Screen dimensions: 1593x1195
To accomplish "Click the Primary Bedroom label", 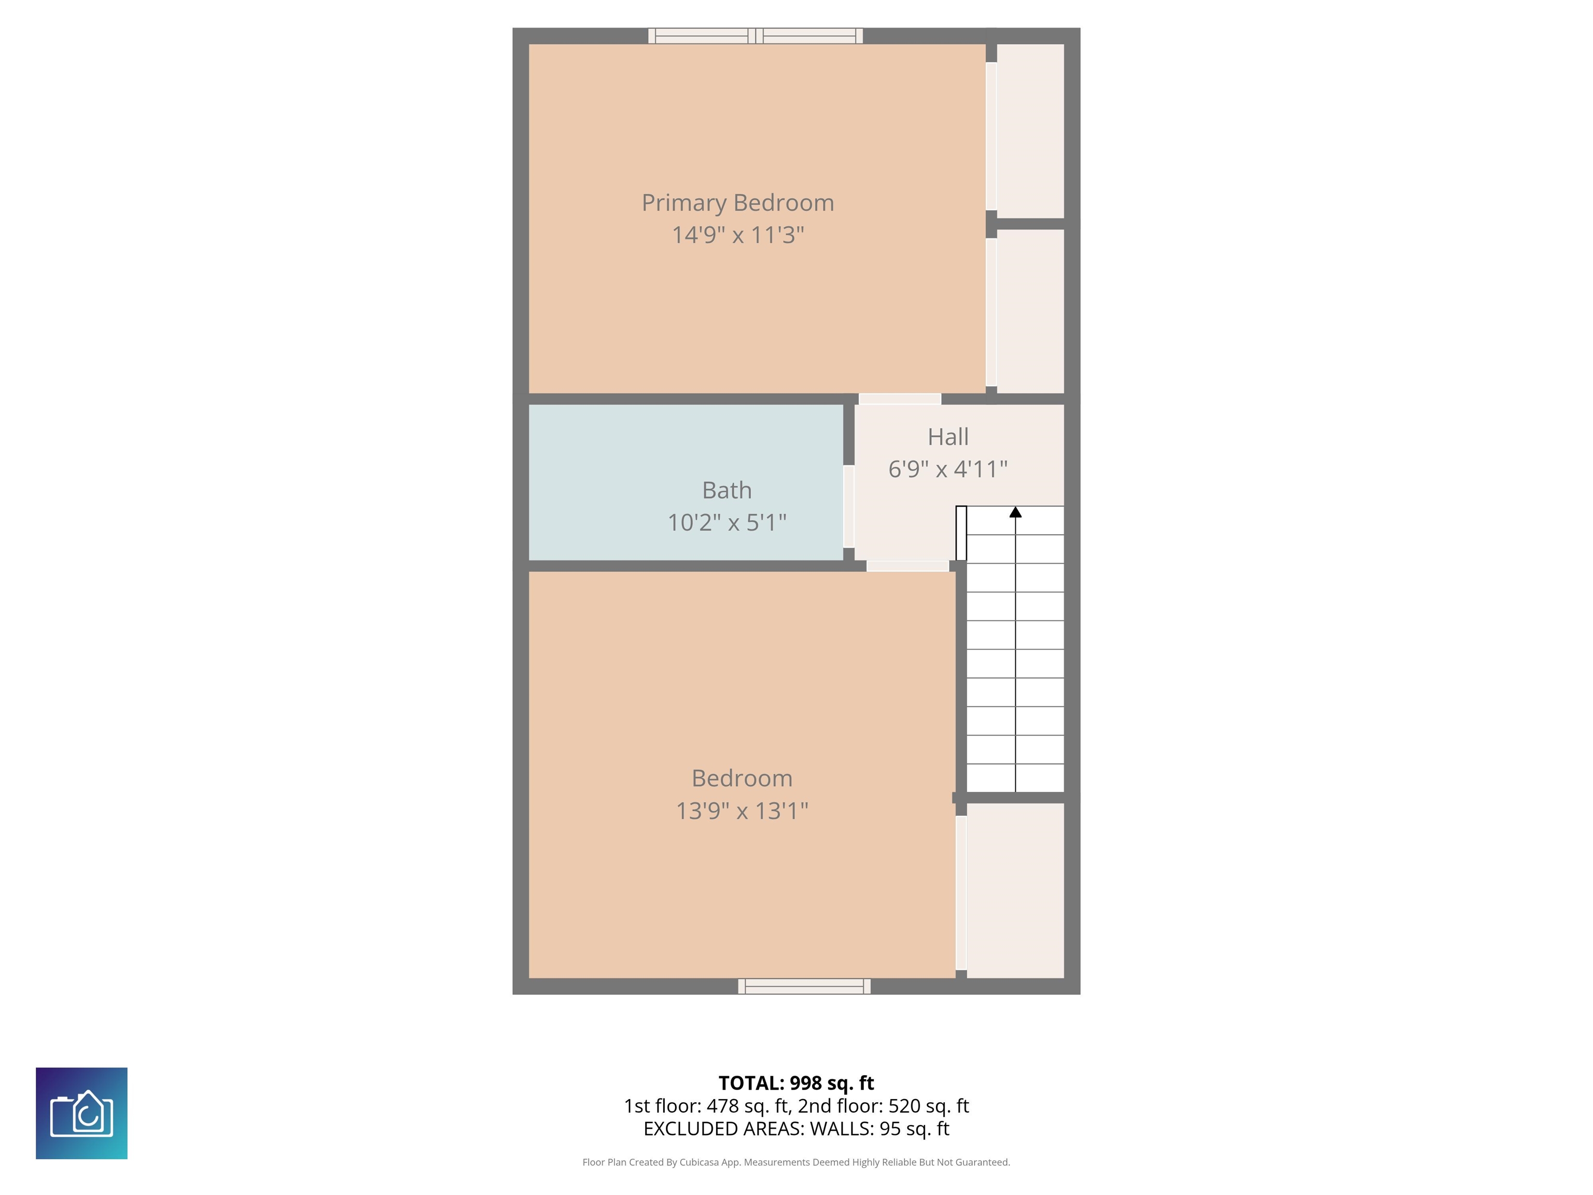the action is coord(737,203).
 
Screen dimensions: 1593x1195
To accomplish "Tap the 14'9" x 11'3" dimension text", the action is coord(737,235).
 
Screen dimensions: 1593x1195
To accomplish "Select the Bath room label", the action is coord(726,491).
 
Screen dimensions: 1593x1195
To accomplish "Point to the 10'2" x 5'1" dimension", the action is coord(726,522).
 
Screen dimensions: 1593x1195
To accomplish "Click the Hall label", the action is coord(948,437).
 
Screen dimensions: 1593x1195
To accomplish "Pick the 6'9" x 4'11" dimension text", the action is coord(948,469).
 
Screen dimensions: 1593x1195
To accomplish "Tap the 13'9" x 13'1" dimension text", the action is coord(742,811).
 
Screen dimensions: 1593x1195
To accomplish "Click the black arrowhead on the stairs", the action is coord(1015,512).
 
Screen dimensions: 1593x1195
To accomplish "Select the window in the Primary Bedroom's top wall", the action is coord(756,36).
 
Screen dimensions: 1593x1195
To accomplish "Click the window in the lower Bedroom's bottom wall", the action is coord(804,986).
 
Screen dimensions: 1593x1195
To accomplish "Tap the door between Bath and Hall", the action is coord(849,506).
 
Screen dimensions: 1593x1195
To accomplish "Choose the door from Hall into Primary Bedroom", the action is coord(900,399).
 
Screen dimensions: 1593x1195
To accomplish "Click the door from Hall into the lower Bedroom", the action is coord(907,566).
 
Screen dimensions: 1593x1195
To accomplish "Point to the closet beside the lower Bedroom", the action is coord(1015,891).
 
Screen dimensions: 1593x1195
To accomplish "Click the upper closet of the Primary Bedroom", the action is coord(1030,131).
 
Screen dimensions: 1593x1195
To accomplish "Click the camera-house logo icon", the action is coord(81,1114).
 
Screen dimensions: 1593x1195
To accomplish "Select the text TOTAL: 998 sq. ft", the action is coord(796,1083).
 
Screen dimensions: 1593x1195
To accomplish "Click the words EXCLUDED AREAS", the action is coord(722,1129).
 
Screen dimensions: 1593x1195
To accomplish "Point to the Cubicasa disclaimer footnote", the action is coord(796,1162).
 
